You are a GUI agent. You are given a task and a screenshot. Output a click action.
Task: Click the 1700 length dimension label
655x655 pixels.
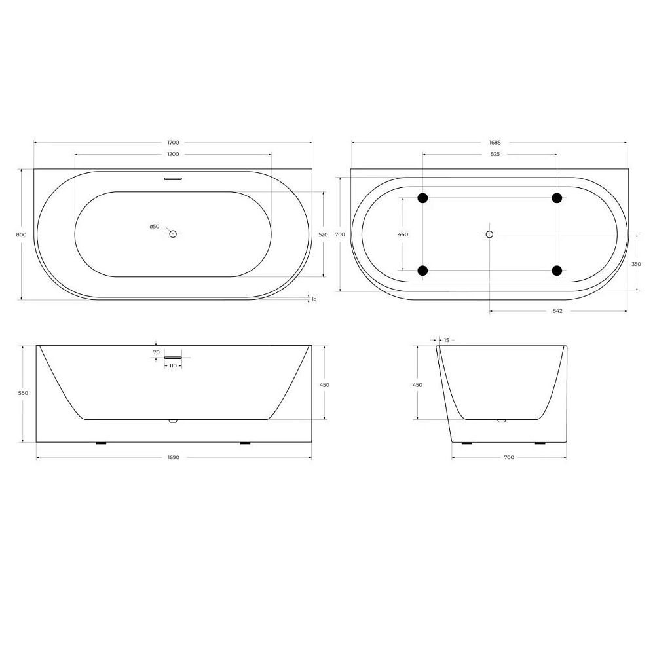pyautogui.click(x=173, y=143)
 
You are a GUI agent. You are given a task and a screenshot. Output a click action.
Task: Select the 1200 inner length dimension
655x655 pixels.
pyautogui.click(x=173, y=154)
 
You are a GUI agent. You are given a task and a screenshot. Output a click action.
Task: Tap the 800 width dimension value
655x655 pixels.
pyautogui.click(x=21, y=234)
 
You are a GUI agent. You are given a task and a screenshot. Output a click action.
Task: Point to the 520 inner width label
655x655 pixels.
pyautogui.click(x=324, y=234)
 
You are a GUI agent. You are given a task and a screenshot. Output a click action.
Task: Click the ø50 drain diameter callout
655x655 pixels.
pyautogui.click(x=155, y=227)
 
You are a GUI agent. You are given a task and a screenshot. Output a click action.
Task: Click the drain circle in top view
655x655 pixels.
pyautogui.click(x=173, y=234)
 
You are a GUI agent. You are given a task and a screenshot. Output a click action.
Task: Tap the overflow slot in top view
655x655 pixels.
pyautogui.click(x=173, y=179)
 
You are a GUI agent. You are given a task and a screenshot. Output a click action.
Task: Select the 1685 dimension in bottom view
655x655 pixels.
pyautogui.click(x=495, y=143)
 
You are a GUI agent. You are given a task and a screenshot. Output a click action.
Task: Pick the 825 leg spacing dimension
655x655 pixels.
pyautogui.click(x=495, y=154)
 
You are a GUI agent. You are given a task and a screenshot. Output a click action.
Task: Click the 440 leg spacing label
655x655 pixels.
pyautogui.click(x=403, y=234)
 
